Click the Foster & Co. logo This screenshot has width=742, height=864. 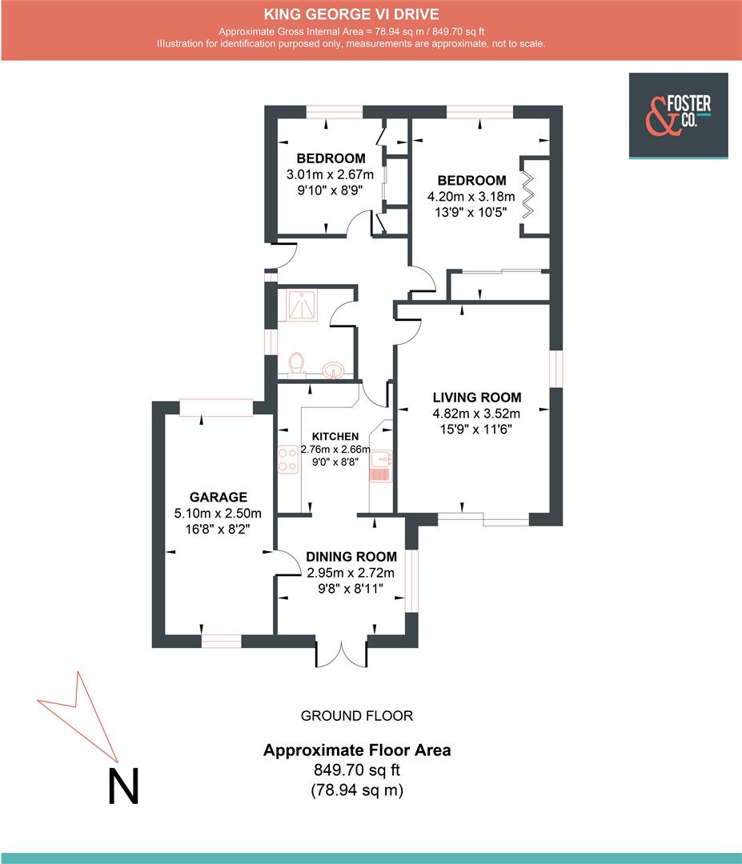tap(678, 116)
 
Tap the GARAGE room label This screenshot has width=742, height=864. tap(219, 497)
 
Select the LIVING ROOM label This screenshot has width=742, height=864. tap(477, 398)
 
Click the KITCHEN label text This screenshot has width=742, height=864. tap(335, 437)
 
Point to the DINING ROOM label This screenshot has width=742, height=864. tap(351, 557)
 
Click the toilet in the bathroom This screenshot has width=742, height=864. tap(297, 365)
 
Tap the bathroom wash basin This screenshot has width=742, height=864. tap(334, 370)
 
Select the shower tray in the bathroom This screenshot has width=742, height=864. tap(301, 306)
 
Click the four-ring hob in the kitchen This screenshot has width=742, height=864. tap(288, 459)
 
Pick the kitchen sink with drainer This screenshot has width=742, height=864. tap(380, 466)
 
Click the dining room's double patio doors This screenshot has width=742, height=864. tap(341, 654)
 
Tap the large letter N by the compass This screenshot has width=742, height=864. tap(123, 786)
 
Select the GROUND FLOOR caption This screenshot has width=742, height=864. tap(357, 716)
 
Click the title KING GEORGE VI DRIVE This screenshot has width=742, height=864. tap(351, 14)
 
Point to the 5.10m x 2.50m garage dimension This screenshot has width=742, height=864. tap(218, 514)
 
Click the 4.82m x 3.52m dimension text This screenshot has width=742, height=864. tap(476, 414)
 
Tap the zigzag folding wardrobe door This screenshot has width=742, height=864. tap(528, 195)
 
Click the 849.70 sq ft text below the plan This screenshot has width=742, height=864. tap(357, 770)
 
